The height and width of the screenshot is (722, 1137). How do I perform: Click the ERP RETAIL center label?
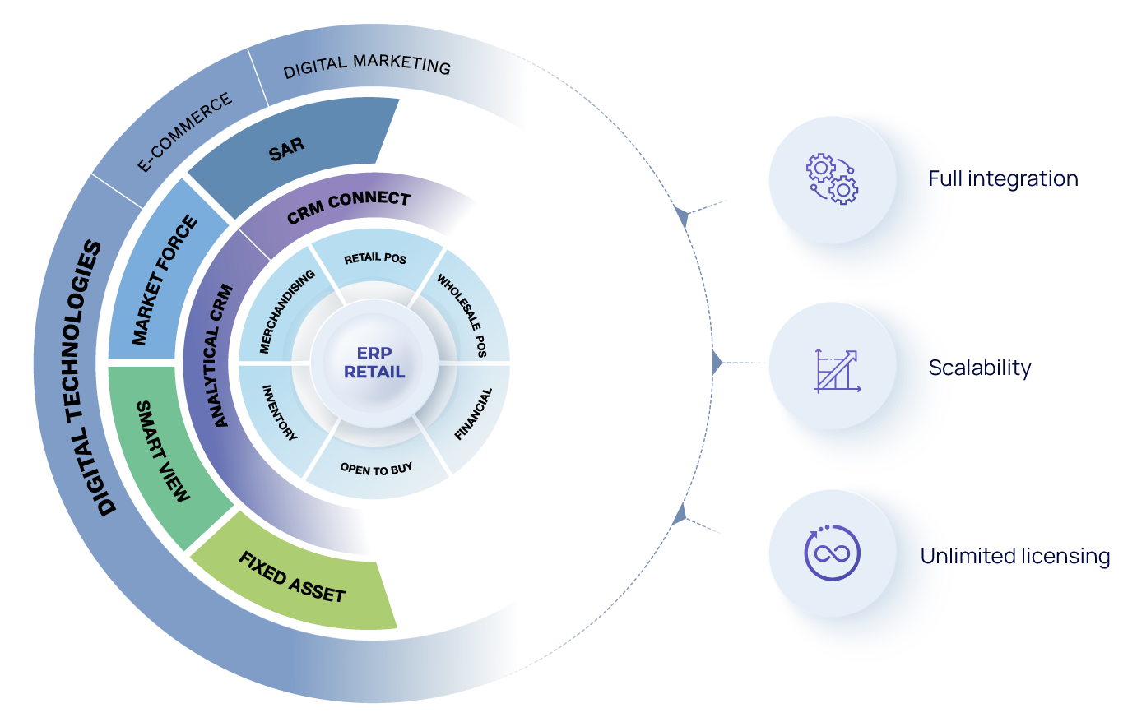point(374,363)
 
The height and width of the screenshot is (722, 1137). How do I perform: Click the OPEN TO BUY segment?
point(377,470)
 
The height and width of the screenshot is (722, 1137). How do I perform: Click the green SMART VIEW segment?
point(162,451)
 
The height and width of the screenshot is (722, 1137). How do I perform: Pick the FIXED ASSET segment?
point(292,578)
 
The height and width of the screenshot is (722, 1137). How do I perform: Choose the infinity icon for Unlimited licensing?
point(832,553)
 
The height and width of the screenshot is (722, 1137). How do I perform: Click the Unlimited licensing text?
point(1015,557)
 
